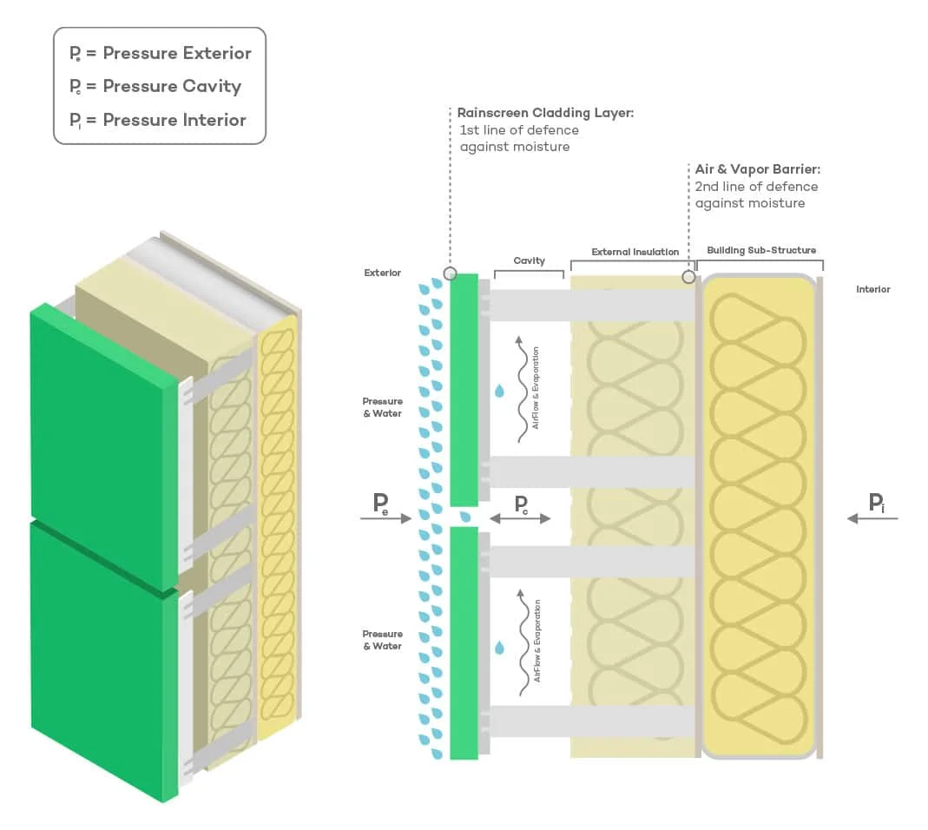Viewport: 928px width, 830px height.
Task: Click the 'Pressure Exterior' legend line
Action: [161, 53]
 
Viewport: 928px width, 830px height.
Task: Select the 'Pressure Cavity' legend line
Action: [155, 86]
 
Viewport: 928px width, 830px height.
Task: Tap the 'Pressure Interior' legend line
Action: [158, 120]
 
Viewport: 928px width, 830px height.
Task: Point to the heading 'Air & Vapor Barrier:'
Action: [757, 169]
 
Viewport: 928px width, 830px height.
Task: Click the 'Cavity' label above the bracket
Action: [529, 260]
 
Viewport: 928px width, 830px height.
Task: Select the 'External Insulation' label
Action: [635, 252]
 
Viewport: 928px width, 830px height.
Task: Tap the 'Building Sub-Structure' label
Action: [761, 250]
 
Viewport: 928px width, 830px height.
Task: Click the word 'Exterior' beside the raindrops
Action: [382, 273]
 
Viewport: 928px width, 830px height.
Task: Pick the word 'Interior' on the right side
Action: [872, 289]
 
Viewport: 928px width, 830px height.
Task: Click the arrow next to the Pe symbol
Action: [387, 518]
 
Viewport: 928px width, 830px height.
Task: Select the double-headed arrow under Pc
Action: [520, 518]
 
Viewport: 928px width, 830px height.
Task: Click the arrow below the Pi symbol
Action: [872, 518]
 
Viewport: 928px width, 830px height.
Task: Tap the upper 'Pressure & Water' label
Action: [382, 407]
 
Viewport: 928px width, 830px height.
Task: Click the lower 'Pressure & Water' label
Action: [382, 640]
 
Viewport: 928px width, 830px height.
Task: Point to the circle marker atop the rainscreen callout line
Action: [450, 273]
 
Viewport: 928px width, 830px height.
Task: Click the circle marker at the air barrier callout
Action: [688, 277]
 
